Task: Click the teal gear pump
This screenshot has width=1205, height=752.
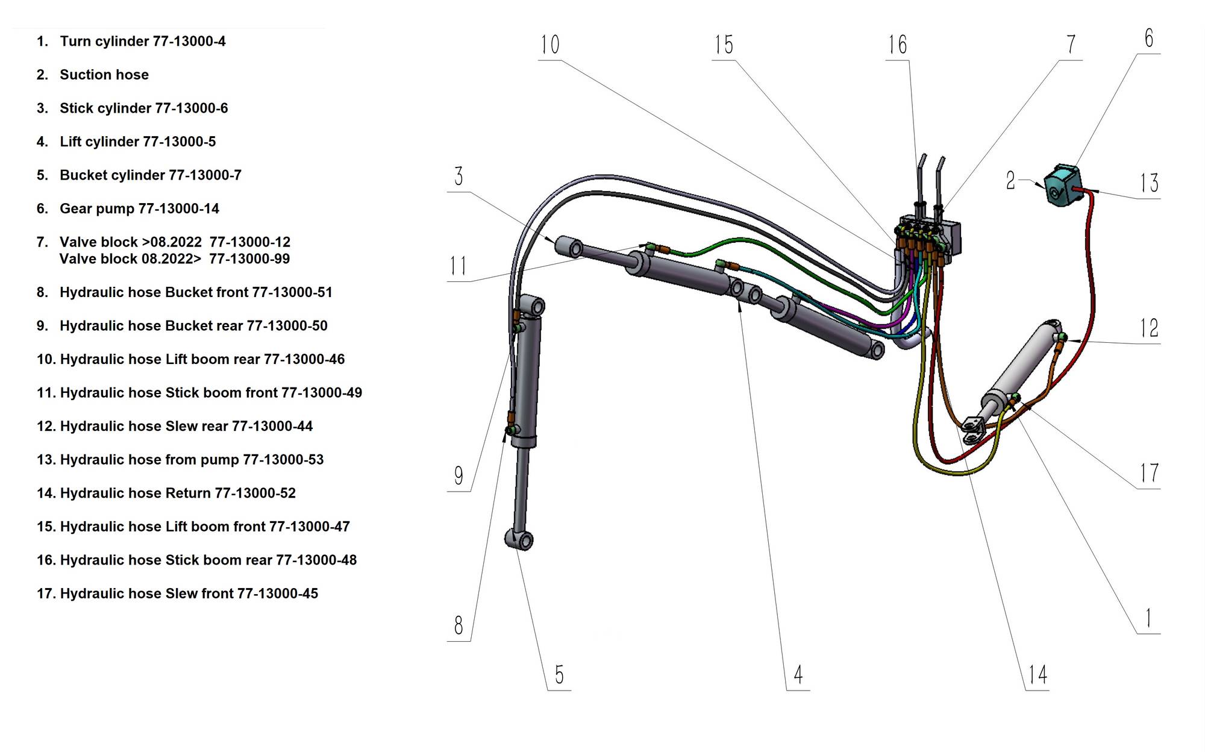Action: pos(1062,186)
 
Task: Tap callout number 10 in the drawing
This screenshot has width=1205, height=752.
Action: pos(549,45)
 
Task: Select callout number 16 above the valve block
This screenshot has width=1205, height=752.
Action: pos(897,45)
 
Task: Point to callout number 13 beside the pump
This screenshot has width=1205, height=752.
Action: pos(1149,183)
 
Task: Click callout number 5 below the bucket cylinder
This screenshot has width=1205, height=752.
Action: pos(559,675)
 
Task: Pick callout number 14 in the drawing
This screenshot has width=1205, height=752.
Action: pos(1038,675)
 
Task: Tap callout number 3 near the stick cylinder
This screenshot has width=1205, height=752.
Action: pos(459,177)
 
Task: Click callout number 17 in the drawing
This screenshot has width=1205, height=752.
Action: pos(1149,474)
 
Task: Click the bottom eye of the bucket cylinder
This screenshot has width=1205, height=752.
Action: pos(519,539)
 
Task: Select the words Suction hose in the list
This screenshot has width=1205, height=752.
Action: pos(104,75)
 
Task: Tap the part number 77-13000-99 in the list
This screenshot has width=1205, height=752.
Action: pos(249,259)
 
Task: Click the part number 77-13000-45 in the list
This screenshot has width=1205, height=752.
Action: pos(277,594)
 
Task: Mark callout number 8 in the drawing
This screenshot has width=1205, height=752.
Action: pos(459,625)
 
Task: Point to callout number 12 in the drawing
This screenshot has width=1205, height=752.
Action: pos(1149,328)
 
